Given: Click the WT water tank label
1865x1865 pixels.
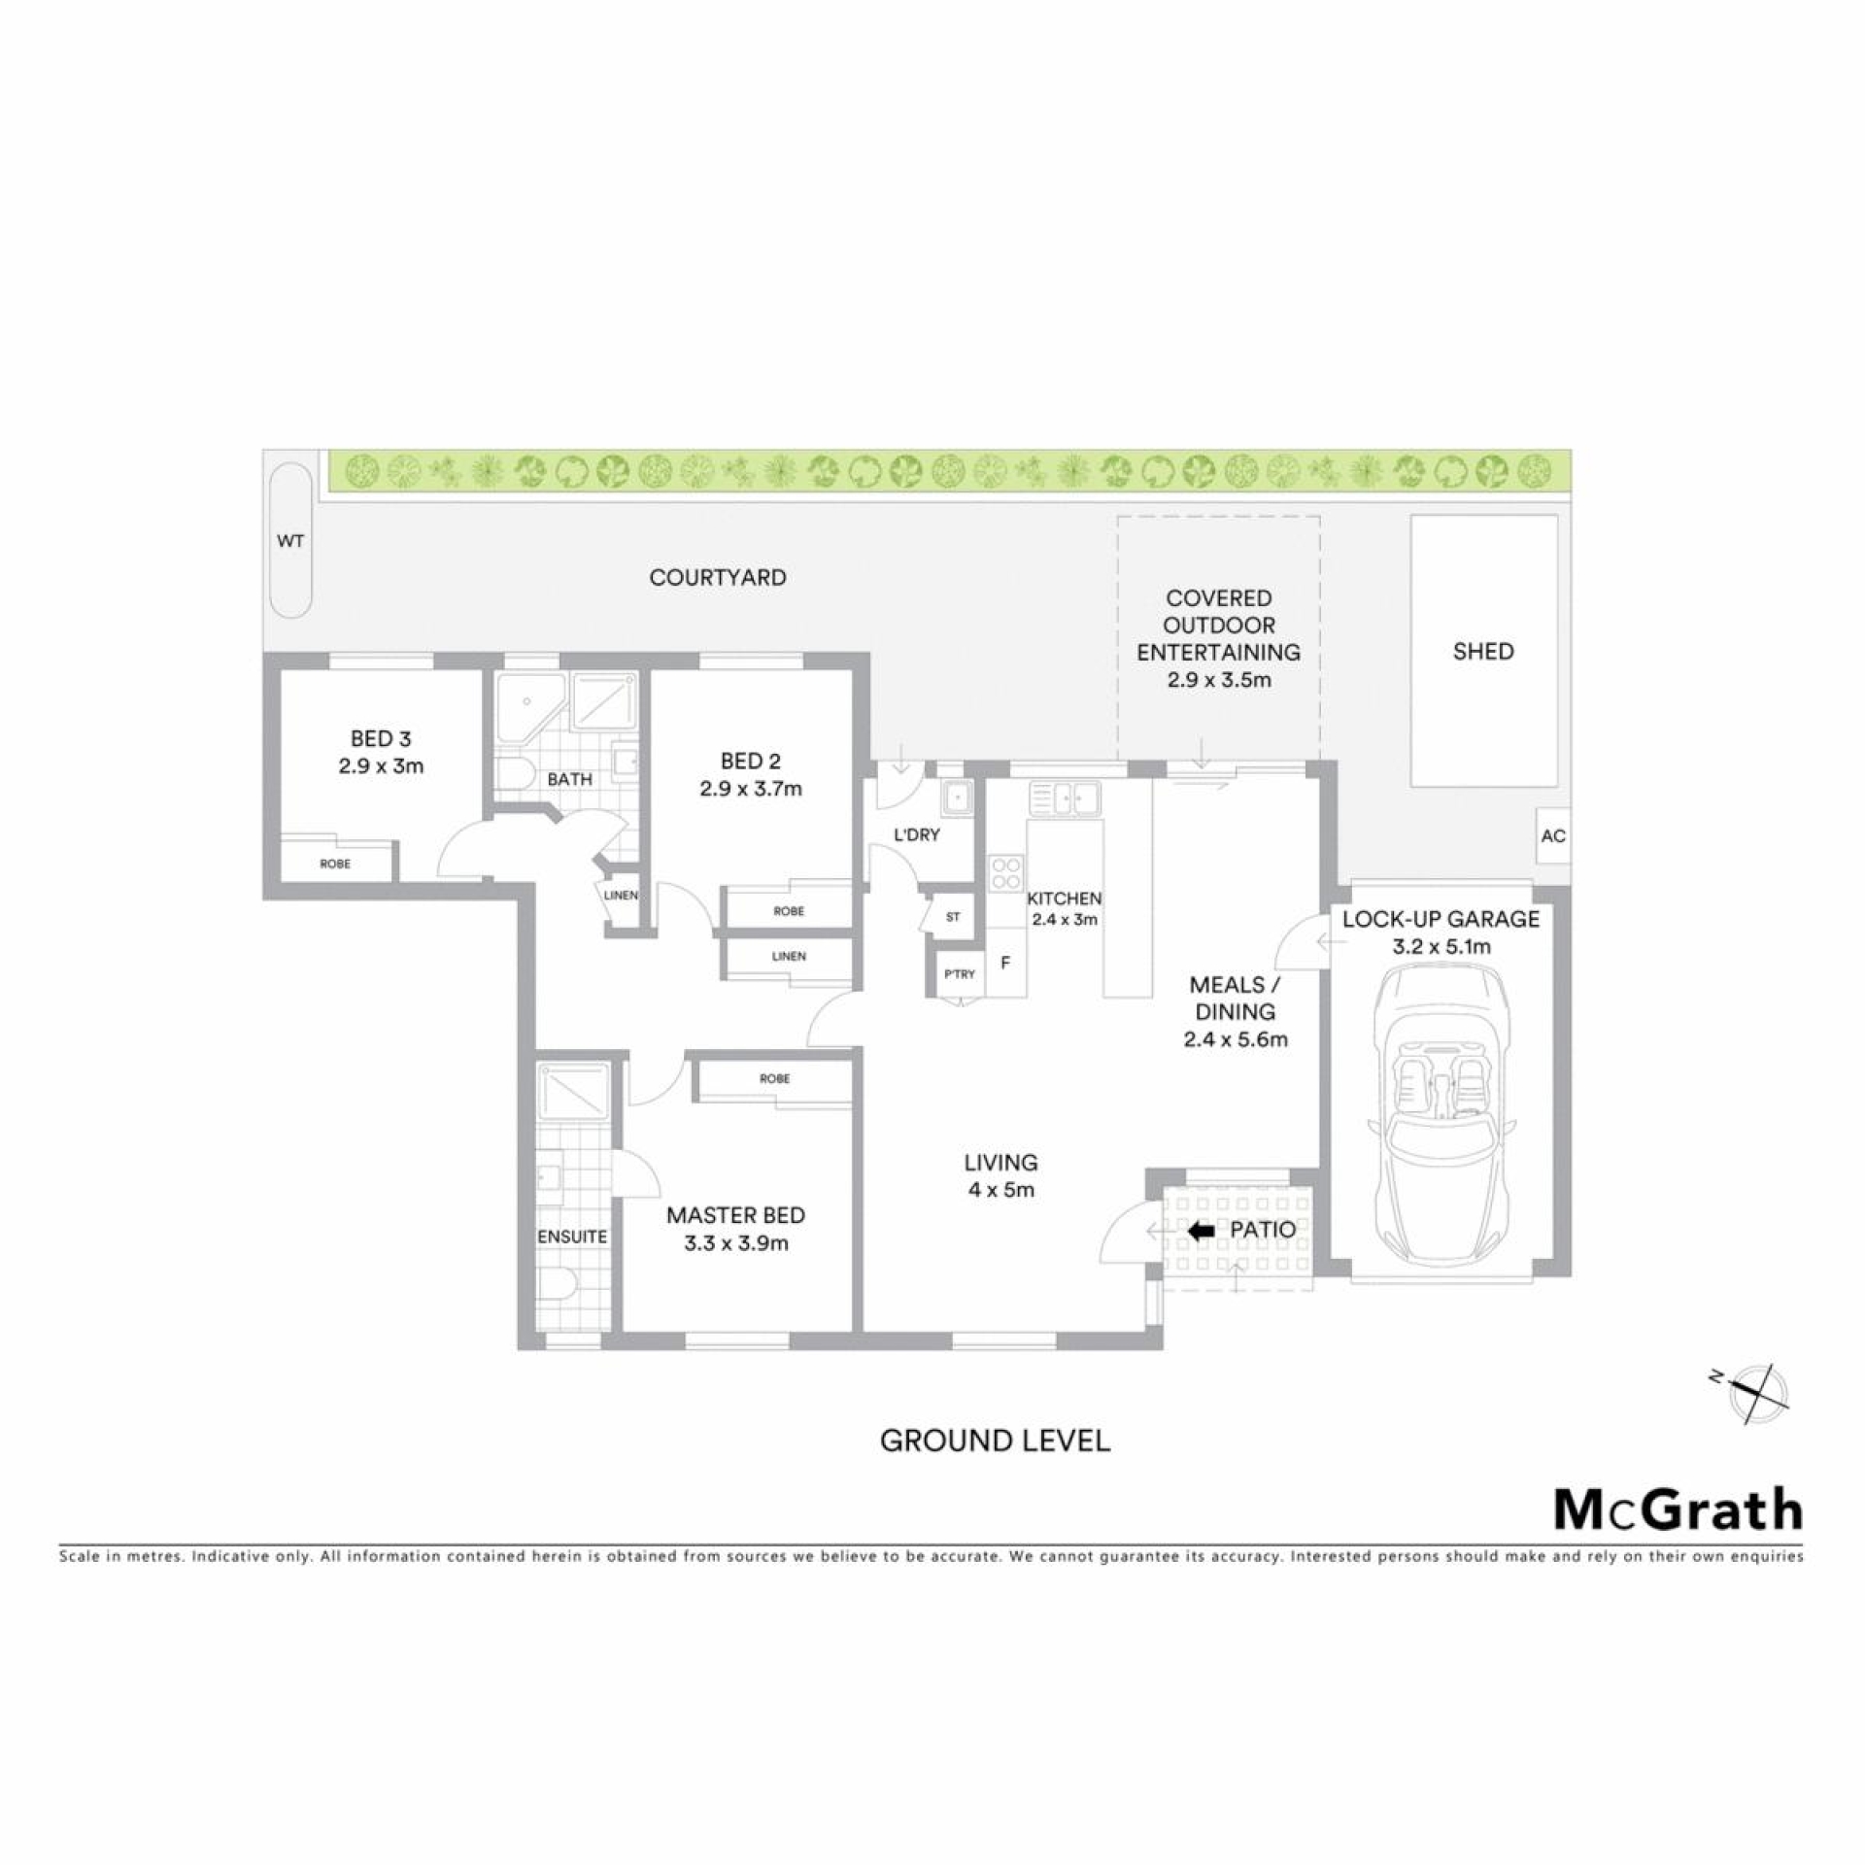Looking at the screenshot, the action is pos(290,541).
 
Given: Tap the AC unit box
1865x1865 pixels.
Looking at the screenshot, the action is pos(1553,835).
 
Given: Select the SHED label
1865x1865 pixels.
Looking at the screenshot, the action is pos(1483,652).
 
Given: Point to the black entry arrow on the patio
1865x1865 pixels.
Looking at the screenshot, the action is pos(1202,1231).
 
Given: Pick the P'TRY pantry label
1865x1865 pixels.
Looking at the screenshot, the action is pos(960,974).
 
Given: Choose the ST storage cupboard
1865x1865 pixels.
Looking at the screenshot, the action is pos(951,915).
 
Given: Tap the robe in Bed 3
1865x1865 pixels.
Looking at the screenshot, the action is pos(336,863).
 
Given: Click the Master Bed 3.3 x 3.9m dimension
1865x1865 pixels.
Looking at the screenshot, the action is pos(735,1243).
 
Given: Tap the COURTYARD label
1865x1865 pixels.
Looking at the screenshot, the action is pos(718,578).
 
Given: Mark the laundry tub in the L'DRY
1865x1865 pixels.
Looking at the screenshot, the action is pos(957,797).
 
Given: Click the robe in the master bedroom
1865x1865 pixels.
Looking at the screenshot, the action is pos(773,1080).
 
